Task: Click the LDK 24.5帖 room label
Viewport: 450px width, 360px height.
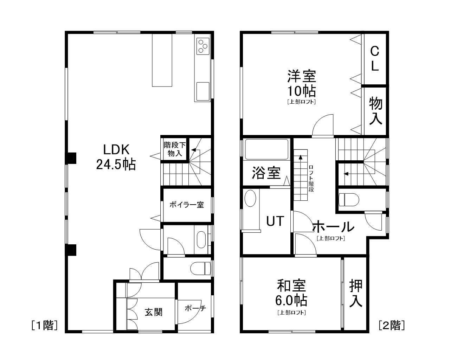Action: (x=116, y=157)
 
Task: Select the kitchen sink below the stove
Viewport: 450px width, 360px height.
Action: (x=203, y=91)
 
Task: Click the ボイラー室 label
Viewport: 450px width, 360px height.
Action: (x=186, y=205)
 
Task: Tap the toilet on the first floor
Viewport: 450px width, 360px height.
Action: (x=200, y=269)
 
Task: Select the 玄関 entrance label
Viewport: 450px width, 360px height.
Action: (x=154, y=312)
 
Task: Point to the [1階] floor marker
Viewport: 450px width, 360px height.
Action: (x=44, y=326)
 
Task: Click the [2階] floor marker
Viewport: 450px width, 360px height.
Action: (x=392, y=326)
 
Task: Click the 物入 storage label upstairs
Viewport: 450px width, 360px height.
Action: (x=375, y=111)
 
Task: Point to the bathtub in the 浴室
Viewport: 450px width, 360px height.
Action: (x=266, y=150)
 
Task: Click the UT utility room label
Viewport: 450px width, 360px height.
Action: (x=275, y=221)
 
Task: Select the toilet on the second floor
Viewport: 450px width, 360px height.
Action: (x=348, y=200)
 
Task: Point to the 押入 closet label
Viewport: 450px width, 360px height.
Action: (x=355, y=294)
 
